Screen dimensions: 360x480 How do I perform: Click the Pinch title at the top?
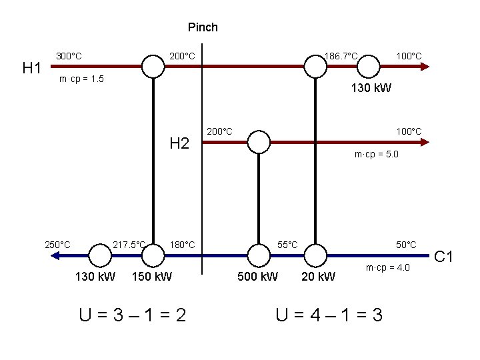[203, 27]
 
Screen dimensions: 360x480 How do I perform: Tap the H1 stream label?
[33, 67]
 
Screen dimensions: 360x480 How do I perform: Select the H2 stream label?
[179, 143]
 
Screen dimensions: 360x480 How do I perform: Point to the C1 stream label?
[444, 255]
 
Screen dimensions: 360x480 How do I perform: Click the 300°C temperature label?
[69, 56]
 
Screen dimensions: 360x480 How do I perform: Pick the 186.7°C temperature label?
[341, 55]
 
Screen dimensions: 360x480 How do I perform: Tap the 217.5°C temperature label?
[129, 245]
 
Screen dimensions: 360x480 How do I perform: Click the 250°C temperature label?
[57, 245]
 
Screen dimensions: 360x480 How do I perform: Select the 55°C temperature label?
[288, 245]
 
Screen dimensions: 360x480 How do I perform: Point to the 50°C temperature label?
[406, 245]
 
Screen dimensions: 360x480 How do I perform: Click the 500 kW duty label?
[258, 276]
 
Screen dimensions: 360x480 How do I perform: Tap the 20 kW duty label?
[318, 276]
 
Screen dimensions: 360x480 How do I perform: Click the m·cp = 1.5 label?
[81, 80]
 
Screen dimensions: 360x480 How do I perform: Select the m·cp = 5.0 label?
[377, 155]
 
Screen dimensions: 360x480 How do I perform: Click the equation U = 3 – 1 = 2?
[132, 314]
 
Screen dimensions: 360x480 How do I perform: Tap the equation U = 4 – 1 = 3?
[329, 314]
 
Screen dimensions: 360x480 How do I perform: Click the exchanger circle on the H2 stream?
[258, 142]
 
